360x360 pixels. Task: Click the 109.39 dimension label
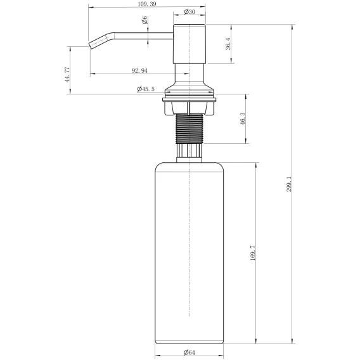point(147,4)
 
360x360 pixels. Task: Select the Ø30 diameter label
point(190,11)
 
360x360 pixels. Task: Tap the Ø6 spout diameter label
point(145,20)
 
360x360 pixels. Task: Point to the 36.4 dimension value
point(228,44)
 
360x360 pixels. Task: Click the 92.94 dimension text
point(139,71)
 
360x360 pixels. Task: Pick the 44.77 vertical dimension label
point(67,75)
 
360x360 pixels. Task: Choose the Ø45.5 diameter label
point(146,89)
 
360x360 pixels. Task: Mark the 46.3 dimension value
point(243,119)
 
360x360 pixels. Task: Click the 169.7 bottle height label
point(252,252)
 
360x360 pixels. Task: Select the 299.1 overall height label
point(289,184)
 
